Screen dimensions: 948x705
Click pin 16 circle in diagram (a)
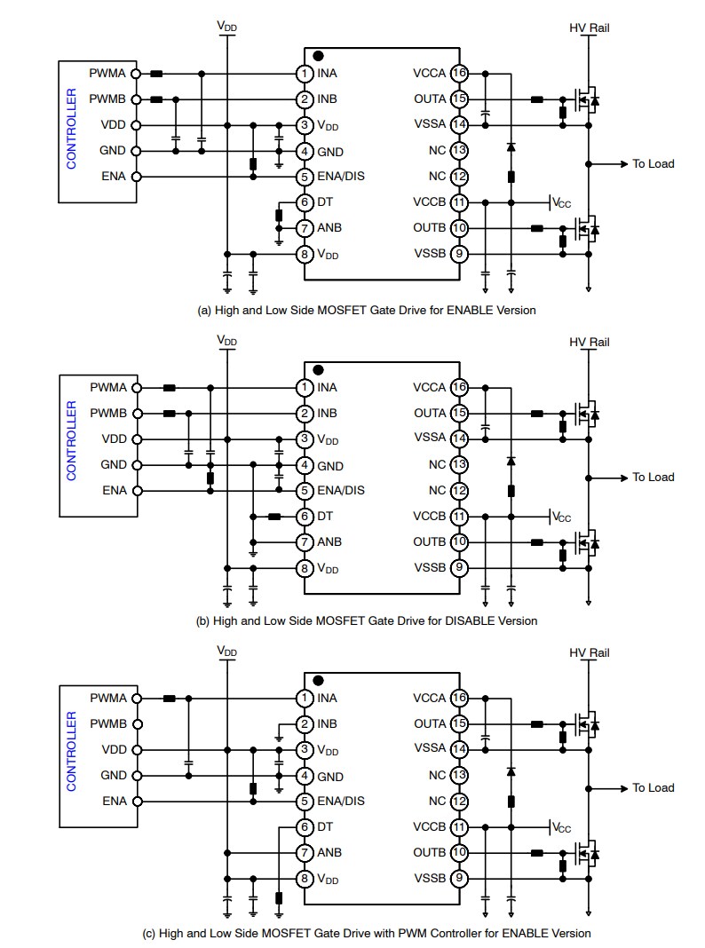tap(459, 73)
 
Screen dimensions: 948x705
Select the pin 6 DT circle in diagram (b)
tap(305, 516)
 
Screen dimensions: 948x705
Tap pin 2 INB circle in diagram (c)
tap(305, 723)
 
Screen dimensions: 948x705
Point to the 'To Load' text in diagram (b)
tap(653, 478)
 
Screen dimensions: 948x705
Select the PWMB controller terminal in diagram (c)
tap(136, 723)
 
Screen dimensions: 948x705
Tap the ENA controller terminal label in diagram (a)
tap(114, 176)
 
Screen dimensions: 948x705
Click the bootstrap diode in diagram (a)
tap(511, 146)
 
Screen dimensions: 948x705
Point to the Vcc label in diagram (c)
tap(561, 827)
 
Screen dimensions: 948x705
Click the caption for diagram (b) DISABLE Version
tap(366, 620)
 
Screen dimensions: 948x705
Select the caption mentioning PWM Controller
tap(366, 933)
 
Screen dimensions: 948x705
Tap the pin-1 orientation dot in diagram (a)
tap(318, 56)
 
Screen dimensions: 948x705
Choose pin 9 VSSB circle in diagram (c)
tap(459, 879)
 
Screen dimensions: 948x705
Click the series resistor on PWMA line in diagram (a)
tap(157, 74)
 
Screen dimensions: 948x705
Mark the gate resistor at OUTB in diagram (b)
tap(536, 542)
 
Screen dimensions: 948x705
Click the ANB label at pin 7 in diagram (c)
tap(329, 853)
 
